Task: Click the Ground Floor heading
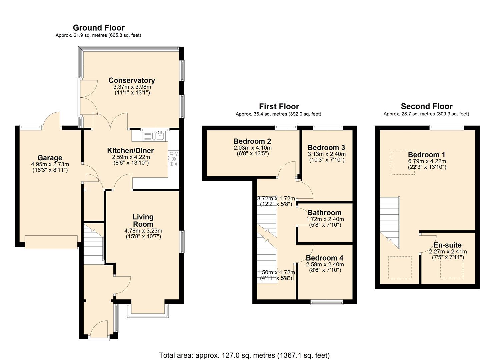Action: coord(99,28)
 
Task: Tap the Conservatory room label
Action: coord(132,80)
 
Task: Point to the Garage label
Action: coord(50,158)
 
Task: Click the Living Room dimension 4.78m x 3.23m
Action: coord(143,231)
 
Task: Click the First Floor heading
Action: coord(279,106)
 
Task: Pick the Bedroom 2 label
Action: coord(252,141)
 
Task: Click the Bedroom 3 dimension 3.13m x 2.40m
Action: coord(326,154)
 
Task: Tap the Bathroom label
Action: coord(324,213)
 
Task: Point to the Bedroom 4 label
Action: coord(324,258)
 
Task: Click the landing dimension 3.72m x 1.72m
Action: coord(276,198)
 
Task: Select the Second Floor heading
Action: coord(426,106)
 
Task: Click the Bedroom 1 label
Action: coord(426,155)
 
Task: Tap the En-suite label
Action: coord(447,245)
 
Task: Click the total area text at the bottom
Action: coord(244,355)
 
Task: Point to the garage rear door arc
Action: coord(53,119)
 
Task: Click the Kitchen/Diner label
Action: coord(130,151)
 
